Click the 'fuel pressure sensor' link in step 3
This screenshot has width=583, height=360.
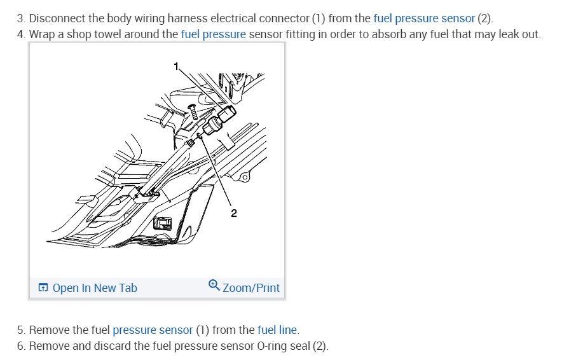[424, 18]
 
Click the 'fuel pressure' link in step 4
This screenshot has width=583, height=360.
[213, 34]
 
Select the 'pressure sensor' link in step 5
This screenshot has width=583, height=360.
[153, 330]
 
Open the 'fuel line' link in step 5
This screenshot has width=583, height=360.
[277, 330]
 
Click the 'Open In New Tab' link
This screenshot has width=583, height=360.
[95, 288]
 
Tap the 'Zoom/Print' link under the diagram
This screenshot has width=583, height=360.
[251, 288]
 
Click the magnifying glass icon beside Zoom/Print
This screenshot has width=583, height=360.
[214, 287]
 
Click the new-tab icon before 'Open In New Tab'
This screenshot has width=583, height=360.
[43, 288]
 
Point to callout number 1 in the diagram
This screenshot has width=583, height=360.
[177, 65]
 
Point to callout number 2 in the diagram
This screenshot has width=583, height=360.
[233, 213]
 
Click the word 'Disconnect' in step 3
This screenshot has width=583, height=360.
[56, 18]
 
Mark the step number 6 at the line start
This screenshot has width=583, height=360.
[20, 346]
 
